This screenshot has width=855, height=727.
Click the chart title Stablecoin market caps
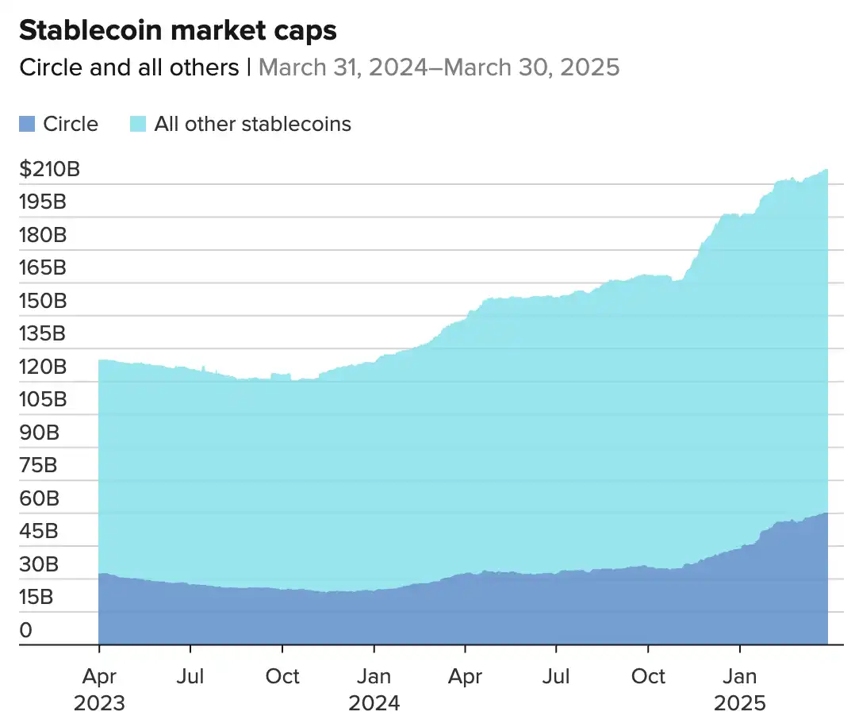click(x=178, y=30)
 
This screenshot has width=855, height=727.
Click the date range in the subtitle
click(x=439, y=67)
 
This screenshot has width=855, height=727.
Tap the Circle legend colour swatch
click(x=27, y=124)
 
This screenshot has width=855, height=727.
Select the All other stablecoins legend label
click(x=252, y=124)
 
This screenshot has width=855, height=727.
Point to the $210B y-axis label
click(x=50, y=169)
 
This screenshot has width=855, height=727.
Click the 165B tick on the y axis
click(x=42, y=267)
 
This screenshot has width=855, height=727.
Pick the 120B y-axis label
click(x=42, y=367)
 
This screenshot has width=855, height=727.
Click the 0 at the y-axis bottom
click(x=27, y=630)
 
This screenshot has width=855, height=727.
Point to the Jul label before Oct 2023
click(x=190, y=676)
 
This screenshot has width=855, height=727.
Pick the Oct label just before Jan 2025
click(x=649, y=676)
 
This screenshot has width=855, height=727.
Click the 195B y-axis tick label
click(x=42, y=202)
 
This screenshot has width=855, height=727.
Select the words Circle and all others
click(x=128, y=67)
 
